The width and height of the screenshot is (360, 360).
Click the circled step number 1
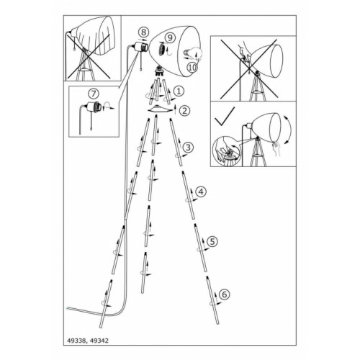tap(179, 91)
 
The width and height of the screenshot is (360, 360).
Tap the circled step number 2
tap(185, 111)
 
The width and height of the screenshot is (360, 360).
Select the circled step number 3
tap(188, 147)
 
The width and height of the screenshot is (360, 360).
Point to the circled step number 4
tap(201, 192)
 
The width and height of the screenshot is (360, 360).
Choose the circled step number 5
tap(212, 241)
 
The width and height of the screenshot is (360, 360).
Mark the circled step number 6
tap(225, 294)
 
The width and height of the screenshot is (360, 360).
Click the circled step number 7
tap(94, 94)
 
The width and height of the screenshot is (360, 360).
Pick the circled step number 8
tap(143, 32)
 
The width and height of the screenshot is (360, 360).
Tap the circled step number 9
tap(170, 37)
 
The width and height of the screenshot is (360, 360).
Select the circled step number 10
tap(192, 68)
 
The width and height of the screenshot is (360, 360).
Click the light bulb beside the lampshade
tap(193, 53)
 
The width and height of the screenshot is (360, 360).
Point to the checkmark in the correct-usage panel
tap(225, 117)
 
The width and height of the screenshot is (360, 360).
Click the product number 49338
tap(75, 341)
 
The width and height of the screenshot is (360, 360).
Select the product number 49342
tap(99, 341)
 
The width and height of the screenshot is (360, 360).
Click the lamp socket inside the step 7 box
tap(94, 107)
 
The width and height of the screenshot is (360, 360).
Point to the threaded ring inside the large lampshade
tap(161, 50)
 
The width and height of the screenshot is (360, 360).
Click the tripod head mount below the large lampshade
tap(158, 71)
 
